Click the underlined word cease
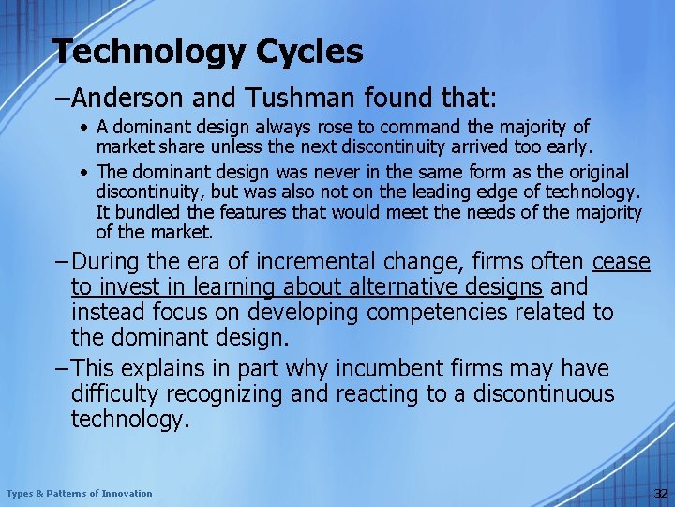click(x=620, y=261)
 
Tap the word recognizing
click(x=244, y=394)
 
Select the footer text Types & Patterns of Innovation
click(x=79, y=494)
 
